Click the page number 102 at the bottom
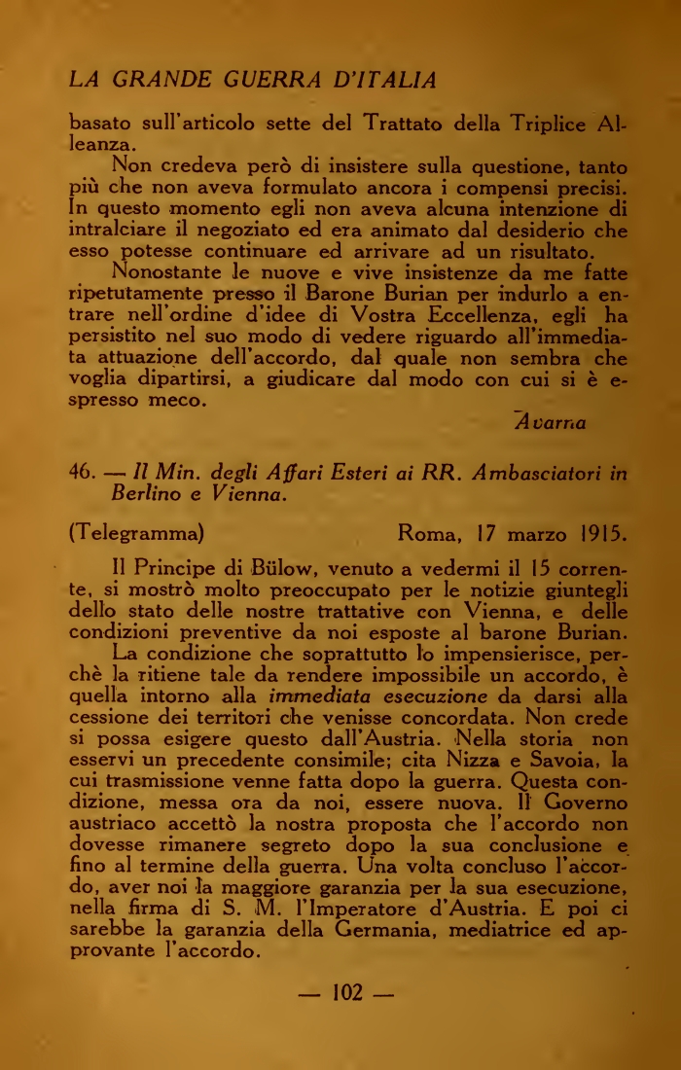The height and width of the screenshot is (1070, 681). [347, 992]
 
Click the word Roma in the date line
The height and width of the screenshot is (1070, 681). [432, 533]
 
